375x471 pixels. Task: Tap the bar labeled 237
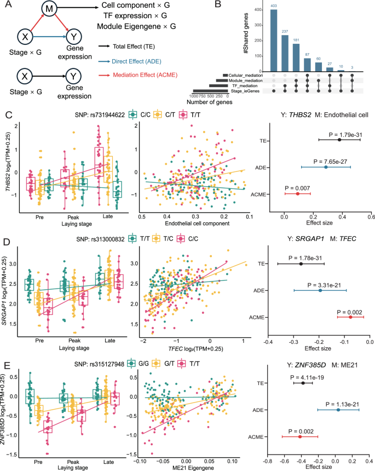pyautogui.click(x=285, y=52)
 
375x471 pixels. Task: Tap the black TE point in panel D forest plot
pyautogui.click(x=301, y=264)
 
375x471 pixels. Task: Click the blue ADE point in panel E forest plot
pyautogui.click(x=337, y=410)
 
